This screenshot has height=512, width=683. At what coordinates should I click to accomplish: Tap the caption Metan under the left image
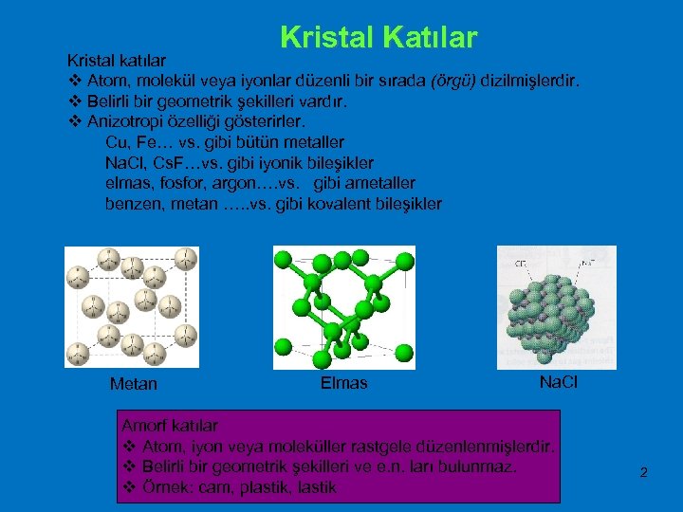134,384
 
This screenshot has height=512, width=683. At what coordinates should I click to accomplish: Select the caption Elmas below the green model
343,383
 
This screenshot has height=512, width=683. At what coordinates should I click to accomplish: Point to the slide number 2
643,471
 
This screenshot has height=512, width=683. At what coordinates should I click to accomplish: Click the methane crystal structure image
132,306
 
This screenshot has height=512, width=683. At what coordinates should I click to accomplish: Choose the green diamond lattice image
343,306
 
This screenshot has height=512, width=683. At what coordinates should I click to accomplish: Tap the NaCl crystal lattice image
557,306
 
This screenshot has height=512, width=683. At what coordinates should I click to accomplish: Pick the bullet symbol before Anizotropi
76,121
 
